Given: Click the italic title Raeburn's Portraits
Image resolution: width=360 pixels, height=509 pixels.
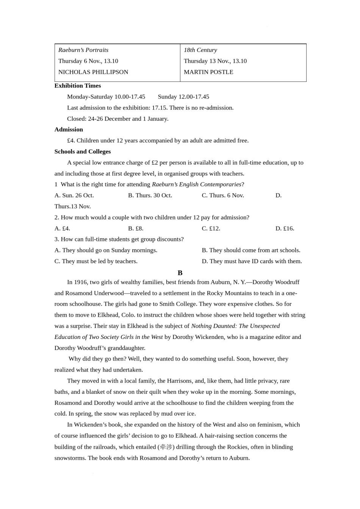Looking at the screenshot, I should point(83,50).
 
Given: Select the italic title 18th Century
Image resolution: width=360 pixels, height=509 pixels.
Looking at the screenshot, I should point(200,50).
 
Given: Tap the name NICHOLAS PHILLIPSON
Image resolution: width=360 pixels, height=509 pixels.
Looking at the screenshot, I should point(93,72).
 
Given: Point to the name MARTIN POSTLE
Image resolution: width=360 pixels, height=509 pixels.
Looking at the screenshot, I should point(208,72).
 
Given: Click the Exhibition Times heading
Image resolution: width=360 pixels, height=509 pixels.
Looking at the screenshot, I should point(77,86).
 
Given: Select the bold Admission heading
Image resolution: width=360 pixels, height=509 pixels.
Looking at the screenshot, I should point(69,130).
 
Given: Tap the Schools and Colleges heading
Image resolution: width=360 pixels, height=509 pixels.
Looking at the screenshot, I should point(82,151).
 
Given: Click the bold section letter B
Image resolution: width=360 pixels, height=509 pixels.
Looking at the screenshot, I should point(180,273).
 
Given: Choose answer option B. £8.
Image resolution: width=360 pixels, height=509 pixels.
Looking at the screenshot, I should point(136,228).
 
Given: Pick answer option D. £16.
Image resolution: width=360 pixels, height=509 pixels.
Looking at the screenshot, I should point(285,228).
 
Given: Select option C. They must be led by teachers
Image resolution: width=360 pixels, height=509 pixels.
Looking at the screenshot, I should point(96,261).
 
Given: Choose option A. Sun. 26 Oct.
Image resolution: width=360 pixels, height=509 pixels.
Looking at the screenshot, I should point(74,195).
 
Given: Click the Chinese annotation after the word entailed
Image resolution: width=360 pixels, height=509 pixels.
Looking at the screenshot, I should point(166,447).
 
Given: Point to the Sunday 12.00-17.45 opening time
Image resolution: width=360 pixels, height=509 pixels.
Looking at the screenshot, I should point(183,97).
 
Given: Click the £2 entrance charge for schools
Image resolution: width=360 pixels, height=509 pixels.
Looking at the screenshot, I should point(155,162).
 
